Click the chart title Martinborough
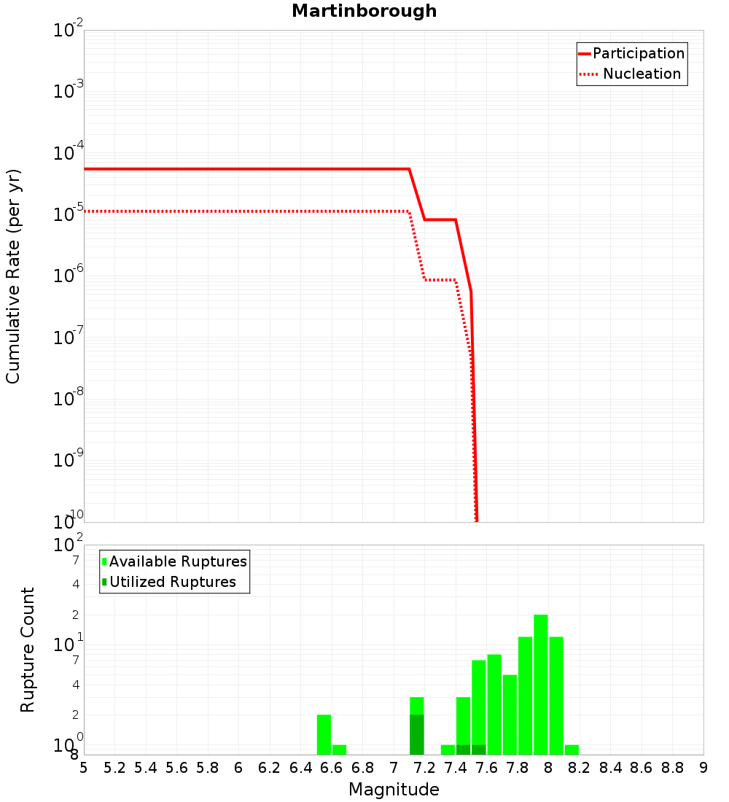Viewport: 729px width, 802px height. click(x=364, y=11)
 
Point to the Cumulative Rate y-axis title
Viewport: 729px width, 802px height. click(x=13, y=276)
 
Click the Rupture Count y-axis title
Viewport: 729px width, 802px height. click(x=28, y=650)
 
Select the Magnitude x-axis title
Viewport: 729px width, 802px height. click(x=394, y=790)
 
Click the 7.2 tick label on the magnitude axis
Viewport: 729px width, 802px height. click(x=424, y=768)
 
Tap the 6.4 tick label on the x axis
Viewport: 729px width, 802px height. click(x=300, y=768)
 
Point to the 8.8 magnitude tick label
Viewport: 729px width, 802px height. click(x=672, y=768)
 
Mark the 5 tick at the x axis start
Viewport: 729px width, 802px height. click(x=84, y=768)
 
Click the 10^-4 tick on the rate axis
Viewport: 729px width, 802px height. click(x=69, y=152)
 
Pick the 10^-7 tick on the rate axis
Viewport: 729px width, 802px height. click(x=69, y=337)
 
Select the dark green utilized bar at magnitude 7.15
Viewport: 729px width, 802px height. click(x=416, y=734)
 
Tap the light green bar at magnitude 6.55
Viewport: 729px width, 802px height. click(x=324, y=734)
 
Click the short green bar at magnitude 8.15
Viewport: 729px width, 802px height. click(x=572, y=750)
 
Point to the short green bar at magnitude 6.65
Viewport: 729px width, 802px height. click(x=339, y=750)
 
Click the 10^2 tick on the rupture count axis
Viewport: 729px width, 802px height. click(x=69, y=545)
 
